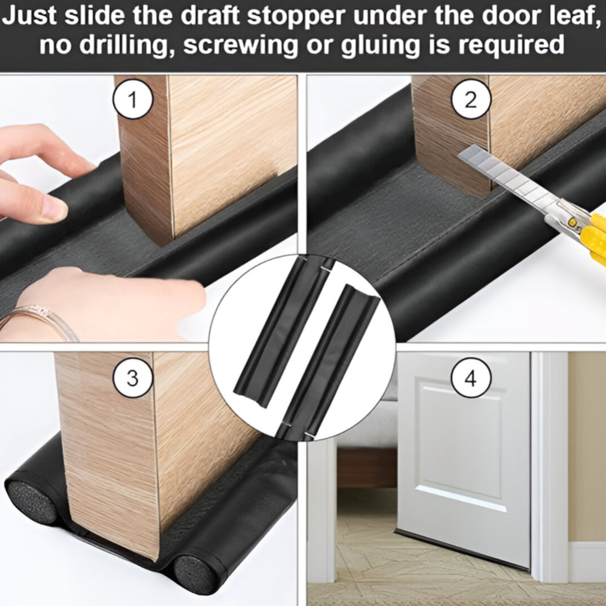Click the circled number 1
pos(132,99)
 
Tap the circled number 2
pos(471,99)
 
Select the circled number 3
pos(132,378)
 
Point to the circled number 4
pos(471,378)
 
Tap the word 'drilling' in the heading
pos(127,44)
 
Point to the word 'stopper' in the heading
pos(296,17)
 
